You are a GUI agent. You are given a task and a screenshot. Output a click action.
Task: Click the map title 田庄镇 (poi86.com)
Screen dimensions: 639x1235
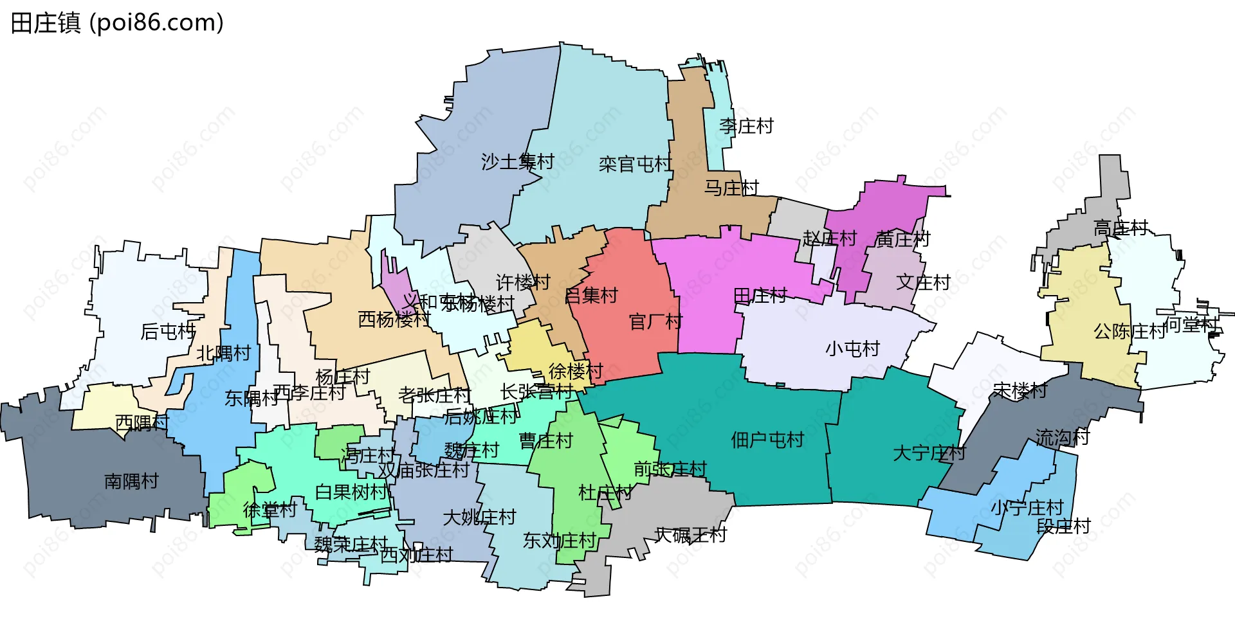[117, 23]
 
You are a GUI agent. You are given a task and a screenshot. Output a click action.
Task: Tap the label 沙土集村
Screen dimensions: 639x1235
[517, 161]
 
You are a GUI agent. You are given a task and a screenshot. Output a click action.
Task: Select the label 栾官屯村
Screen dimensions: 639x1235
[635, 165]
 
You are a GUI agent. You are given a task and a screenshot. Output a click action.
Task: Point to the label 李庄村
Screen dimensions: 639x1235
[746, 126]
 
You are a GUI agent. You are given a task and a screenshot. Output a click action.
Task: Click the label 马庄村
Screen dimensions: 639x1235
[731, 188]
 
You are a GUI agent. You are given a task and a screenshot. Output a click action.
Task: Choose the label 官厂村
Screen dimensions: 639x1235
[655, 321]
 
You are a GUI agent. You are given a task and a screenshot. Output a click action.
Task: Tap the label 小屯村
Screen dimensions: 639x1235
[852, 349]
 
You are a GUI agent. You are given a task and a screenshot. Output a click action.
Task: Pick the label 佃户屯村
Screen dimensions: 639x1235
[767, 440]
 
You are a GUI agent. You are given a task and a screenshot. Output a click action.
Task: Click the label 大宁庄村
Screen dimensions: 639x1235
[929, 453]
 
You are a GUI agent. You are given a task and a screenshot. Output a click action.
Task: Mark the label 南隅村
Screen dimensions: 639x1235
[131, 481]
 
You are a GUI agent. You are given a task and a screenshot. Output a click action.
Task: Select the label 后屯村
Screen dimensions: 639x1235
[168, 332]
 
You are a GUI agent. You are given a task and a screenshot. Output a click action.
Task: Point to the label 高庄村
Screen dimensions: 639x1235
[1121, 228]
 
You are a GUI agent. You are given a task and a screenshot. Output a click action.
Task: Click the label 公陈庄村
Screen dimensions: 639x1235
[1130, 332]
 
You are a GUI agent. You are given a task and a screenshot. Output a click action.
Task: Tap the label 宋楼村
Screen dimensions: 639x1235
[1020, 390]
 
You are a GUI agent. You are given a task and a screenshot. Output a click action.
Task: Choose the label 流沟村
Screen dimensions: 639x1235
[1062, 438]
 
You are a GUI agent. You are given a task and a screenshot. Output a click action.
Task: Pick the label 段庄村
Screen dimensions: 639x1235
[1063, 526]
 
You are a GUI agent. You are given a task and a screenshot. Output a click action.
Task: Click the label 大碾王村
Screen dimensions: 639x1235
[690, 535]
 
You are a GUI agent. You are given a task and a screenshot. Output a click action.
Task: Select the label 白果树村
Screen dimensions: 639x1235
[351, 492]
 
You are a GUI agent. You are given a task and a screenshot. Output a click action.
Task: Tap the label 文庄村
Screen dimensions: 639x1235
[923, 282]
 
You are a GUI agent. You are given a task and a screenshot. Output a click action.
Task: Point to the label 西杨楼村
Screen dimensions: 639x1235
[394, 319]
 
